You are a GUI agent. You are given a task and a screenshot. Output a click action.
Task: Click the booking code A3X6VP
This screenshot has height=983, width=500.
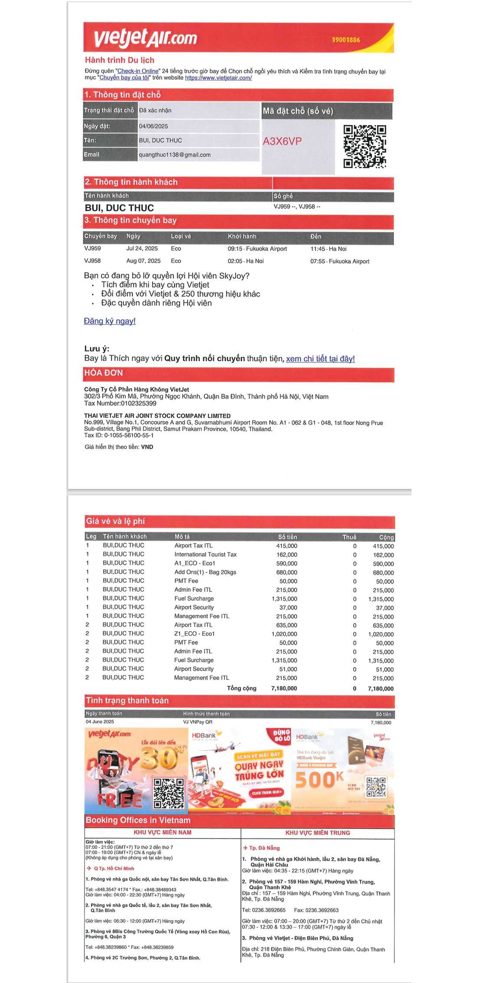click(x=282, y=141)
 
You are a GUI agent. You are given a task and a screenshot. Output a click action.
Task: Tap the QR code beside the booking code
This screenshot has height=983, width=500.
click(x=365, y=146)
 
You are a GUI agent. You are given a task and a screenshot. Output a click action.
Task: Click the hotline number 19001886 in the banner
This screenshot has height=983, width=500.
click(x=346, y=40)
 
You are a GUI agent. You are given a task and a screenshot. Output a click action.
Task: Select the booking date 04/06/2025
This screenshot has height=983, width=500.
click(x=153, y=126)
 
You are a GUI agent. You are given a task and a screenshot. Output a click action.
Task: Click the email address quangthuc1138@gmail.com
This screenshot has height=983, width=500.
click(x=174, y=155)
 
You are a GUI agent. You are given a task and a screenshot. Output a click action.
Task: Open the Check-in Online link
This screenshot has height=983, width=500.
click(x=138, y=71)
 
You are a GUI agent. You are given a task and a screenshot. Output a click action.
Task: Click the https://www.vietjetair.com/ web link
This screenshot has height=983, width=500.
click(x=218, y=78)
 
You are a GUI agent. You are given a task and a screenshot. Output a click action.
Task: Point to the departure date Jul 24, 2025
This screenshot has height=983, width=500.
click(x=142, y=248)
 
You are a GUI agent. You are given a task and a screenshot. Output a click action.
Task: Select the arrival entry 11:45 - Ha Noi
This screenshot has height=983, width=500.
click(x=328, y=249)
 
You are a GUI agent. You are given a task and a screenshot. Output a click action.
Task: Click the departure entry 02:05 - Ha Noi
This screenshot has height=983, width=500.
click(x=246, y=261)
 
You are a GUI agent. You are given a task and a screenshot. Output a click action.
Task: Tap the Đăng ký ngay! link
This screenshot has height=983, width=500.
click(x=110, y=321)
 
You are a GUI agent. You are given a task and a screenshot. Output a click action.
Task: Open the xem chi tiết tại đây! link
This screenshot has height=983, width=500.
click(x=320, y=359)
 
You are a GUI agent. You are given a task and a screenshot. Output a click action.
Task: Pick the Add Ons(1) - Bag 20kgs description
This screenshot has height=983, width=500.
click(x=205, y=572)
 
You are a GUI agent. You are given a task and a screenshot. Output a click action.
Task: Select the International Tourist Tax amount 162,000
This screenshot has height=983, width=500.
click(x=286, y=554)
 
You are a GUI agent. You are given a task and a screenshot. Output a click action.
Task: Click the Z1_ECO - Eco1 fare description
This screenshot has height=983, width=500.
click(x=194, y=633)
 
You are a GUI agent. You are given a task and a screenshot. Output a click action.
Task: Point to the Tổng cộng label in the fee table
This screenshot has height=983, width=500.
click(x=241, y=688)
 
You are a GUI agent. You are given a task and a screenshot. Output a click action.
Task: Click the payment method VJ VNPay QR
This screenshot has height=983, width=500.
click(x=197, y=722)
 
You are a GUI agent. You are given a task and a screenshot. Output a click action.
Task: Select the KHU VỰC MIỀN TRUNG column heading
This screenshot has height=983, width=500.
click(x=318, y=833)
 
